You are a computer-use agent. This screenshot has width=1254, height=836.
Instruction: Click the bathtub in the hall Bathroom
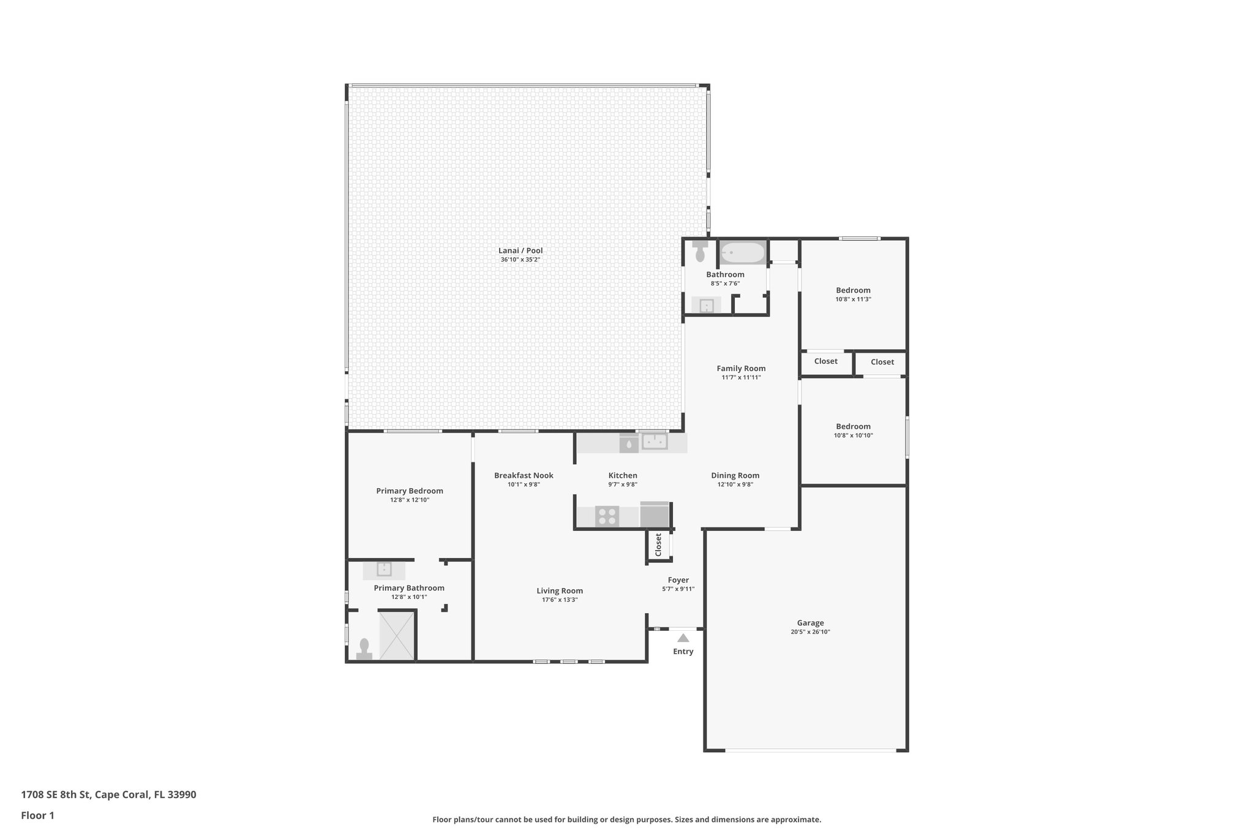point(742,252)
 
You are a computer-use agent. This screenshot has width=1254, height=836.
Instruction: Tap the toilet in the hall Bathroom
point(700,252)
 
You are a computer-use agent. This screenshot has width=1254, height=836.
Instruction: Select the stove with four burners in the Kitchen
point(607,516)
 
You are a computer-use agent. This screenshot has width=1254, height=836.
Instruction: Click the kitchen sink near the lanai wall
point(654,442)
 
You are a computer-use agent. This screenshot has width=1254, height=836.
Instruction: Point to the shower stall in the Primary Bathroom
point(397,635)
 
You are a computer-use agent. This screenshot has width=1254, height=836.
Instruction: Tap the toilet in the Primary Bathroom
point(364,649)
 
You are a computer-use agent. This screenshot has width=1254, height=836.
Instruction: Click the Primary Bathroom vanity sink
point(384,570)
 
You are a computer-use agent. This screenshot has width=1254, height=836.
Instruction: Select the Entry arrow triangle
point(683,638)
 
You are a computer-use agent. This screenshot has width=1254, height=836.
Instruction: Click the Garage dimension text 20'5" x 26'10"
point(810,632)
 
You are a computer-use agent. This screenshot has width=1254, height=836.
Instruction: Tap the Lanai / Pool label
point(520,250)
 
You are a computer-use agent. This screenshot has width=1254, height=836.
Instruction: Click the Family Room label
point(741,368)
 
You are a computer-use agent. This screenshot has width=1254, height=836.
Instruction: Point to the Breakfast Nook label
point(524,475)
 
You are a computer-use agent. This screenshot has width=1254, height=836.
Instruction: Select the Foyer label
point(678,580)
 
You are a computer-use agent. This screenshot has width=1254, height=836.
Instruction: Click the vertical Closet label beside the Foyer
point(658,544)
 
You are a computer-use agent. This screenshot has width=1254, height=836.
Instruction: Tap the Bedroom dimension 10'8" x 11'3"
point(853,299)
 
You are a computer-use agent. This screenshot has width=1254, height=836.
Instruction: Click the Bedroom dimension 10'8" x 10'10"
point(853,435)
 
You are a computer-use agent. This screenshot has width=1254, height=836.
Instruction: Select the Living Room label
point(560,591)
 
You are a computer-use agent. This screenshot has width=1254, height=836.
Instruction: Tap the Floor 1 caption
point(38,815)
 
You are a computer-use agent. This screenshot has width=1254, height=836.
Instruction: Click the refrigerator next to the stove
point(655,515)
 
